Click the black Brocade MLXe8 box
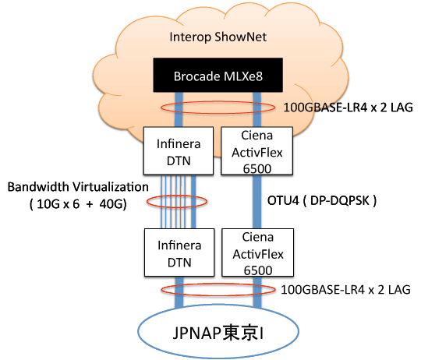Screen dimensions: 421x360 point(218,75)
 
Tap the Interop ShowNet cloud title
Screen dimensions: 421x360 point(218,37)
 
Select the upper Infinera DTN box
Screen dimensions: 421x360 point(179,151)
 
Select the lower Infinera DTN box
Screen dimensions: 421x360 point(179,252)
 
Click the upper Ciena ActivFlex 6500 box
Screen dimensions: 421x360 point(257,151)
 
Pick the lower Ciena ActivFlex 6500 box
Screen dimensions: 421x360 point(258,252)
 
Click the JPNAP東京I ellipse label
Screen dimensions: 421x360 point(218,333)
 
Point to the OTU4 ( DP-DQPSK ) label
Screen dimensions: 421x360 point(322,201)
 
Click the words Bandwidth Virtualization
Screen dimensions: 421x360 point(78,187)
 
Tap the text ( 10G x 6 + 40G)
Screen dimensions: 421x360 point(78,204)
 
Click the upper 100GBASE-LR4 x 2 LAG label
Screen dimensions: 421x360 point(348,108)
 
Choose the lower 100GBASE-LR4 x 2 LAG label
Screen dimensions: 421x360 point(345,290)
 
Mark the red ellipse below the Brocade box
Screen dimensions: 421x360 point(218,101)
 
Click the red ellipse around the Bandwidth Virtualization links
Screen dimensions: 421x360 point(177,196)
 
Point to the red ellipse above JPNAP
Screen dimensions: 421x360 point(218,284)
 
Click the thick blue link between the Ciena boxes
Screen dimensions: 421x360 point(257,202)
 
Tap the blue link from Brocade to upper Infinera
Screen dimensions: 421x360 point(179,109)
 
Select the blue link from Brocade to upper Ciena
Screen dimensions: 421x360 point(257,109)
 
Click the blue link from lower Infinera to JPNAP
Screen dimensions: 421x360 point(179,292)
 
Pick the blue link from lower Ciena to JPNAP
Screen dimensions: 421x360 point(257,292)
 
